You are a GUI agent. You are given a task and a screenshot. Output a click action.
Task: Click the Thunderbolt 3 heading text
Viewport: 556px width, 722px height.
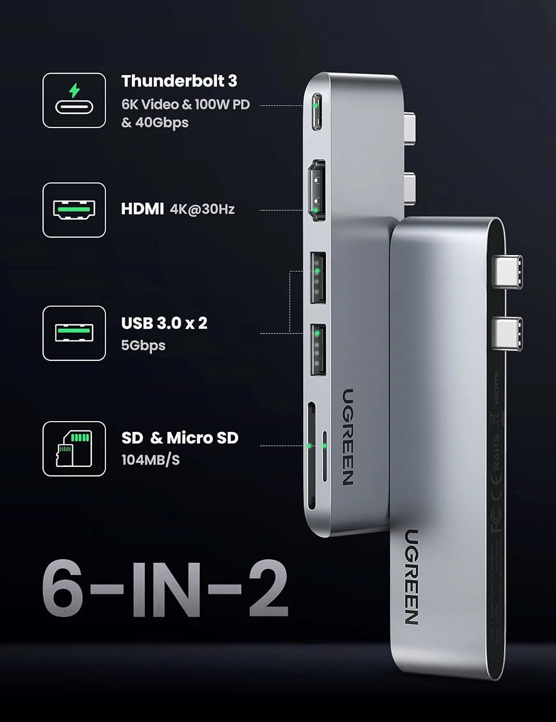(179, 81)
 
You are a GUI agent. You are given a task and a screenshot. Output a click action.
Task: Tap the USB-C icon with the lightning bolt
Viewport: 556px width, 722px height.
(74, 100)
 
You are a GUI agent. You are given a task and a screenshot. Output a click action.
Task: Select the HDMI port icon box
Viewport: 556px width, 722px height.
(74, 210)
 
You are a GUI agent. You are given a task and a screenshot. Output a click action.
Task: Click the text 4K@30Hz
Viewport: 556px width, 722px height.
(202, 209)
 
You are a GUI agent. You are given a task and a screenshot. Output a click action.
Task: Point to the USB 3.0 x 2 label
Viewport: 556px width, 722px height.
(164, 323)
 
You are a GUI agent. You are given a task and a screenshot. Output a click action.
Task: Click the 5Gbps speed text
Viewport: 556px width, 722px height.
(143, 345)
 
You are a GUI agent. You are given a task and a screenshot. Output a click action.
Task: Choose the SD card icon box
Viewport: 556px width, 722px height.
(74, 449)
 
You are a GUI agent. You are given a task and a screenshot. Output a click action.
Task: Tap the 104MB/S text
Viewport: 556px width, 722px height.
(150, 460)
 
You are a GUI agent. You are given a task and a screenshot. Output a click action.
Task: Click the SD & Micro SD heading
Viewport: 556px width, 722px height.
(180, 438)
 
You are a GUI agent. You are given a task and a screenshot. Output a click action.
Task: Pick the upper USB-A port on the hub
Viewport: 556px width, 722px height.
(318, 278)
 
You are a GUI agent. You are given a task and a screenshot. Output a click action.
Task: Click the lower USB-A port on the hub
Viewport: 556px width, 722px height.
(318, 350)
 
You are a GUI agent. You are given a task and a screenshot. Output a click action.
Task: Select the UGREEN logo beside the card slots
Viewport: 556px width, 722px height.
(348, 437)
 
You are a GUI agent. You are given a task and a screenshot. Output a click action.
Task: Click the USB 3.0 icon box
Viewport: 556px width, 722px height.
(74, 333)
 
